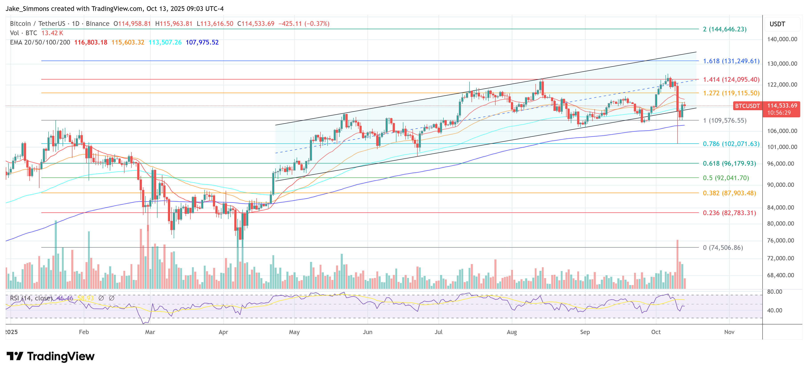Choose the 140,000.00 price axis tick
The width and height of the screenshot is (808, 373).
782,39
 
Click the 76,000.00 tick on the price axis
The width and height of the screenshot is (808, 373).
782,241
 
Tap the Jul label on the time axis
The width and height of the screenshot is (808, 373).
439,332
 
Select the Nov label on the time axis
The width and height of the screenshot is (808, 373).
729,332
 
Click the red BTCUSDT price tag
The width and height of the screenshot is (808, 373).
747,106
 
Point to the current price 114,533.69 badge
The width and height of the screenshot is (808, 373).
782,106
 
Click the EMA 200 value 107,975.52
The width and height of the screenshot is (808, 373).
202,42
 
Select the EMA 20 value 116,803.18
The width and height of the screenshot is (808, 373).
91,42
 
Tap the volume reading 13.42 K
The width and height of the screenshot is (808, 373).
52,33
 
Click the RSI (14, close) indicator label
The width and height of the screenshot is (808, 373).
31,298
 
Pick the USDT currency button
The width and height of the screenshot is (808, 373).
777,24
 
